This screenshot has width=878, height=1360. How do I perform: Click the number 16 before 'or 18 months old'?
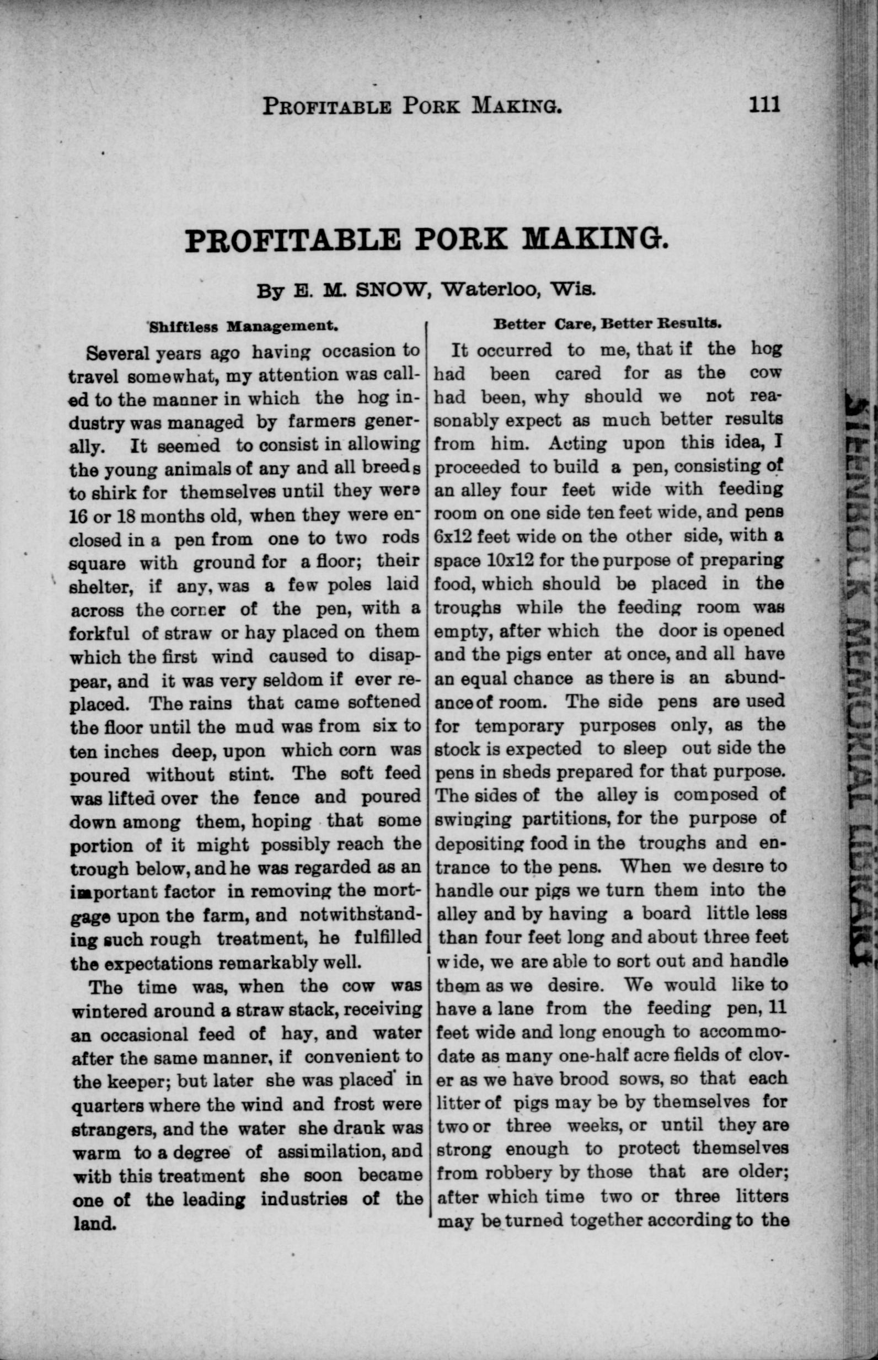77,516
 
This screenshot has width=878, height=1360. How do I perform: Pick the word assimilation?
325,1152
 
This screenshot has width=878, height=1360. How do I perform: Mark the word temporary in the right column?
520,726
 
